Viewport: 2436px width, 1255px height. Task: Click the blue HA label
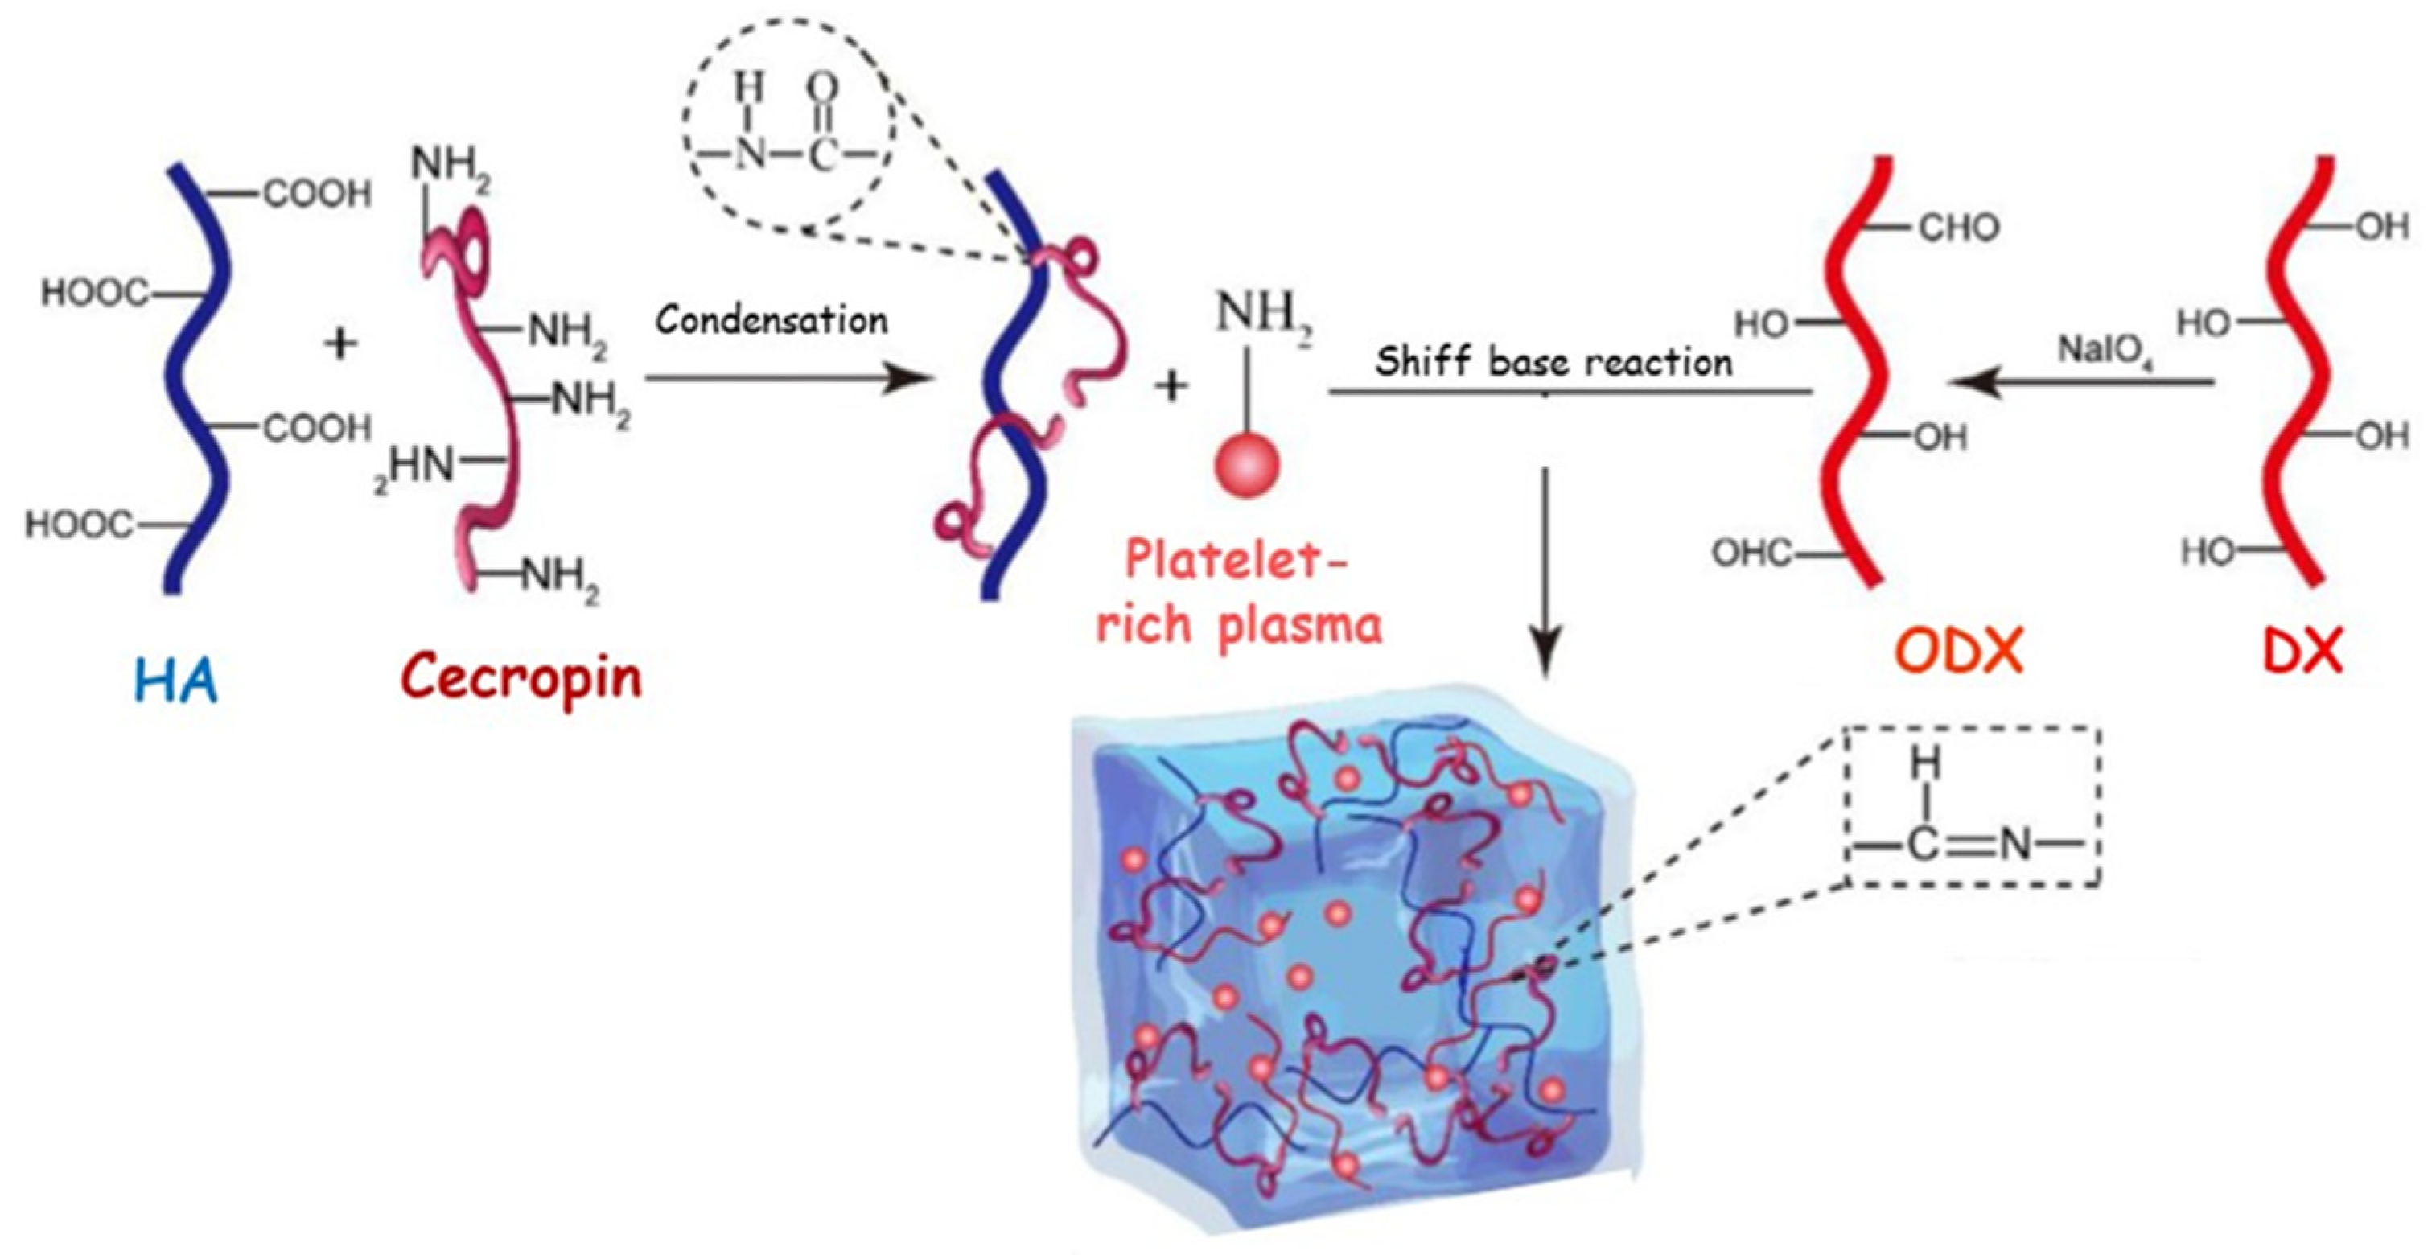177,681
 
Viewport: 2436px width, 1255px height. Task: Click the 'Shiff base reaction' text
1553,361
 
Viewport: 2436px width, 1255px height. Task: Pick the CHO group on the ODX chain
1958,228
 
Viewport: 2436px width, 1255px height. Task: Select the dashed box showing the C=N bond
1974,806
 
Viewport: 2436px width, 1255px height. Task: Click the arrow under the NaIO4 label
2080,382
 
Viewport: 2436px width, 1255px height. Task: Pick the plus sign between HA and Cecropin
340,344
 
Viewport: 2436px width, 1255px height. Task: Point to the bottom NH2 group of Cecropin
560,574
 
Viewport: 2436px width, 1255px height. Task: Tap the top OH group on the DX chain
2383,227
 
